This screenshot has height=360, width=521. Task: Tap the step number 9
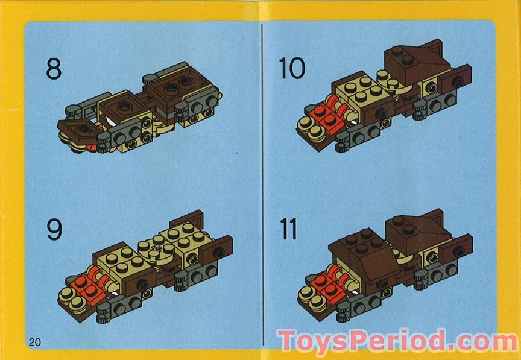coord(54,229)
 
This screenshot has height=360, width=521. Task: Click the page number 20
coord(34,342)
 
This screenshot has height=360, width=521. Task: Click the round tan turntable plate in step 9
coord(154,249)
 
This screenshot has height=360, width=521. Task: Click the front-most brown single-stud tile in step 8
coord(80,127)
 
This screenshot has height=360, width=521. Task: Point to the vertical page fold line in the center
coord(262,181)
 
